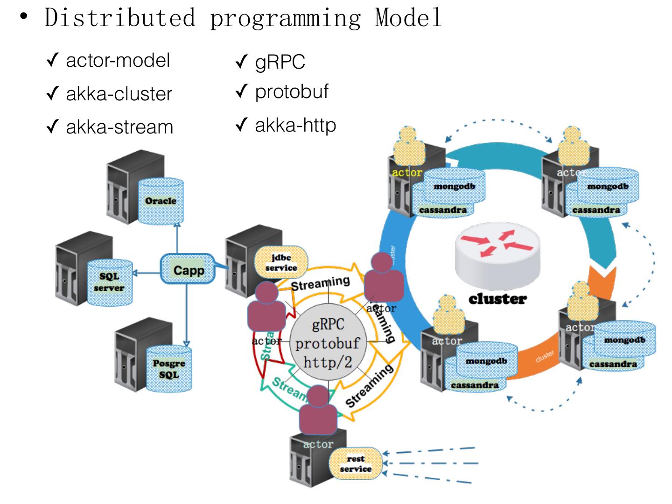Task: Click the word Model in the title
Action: click(408, 18)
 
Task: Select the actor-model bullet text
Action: click(118, 61)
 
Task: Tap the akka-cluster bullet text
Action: click(119, 94)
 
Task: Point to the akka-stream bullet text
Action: click(119, 127)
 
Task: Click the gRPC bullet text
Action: click(280, 62)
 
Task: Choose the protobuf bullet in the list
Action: click(292, 92)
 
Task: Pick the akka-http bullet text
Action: click(295, 125)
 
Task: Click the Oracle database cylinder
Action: click(161, 201)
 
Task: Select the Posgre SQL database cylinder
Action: click(169, 369)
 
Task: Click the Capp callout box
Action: click(188, 270)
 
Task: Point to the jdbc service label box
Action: click(281, 263)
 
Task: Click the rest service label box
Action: click(356, 464)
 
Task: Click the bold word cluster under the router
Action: click(497, 299)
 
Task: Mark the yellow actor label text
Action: click(407, 172)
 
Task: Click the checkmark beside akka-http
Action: click(240, 125)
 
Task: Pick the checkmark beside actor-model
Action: click(52, 61)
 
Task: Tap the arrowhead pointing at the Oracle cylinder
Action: click(177, 224)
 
